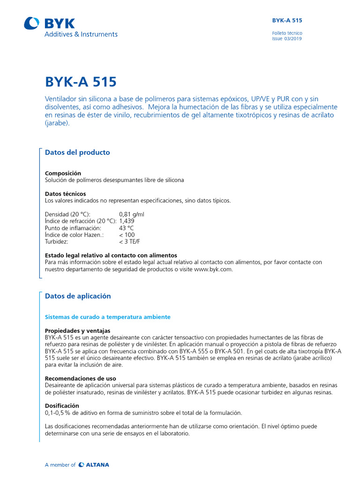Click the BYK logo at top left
50,23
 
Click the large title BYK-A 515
80,82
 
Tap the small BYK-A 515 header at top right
287,21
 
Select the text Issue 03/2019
287,39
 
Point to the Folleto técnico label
287,33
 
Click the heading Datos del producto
77,152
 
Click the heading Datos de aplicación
78,296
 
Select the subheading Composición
63,173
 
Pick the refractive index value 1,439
127,221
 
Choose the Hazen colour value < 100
127,235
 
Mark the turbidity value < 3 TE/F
129,241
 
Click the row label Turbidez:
56,241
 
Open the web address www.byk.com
212,270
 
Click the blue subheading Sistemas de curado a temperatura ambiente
107,317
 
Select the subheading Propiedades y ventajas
77,330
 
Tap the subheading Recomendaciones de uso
80,378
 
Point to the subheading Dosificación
62,405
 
